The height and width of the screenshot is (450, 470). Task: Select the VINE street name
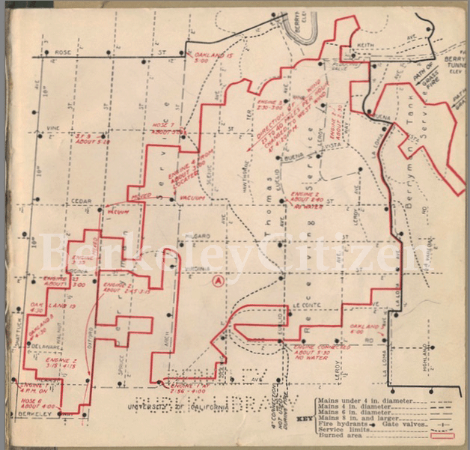(x=52, y=128)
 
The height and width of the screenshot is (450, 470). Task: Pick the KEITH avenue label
(x=365, y=46)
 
